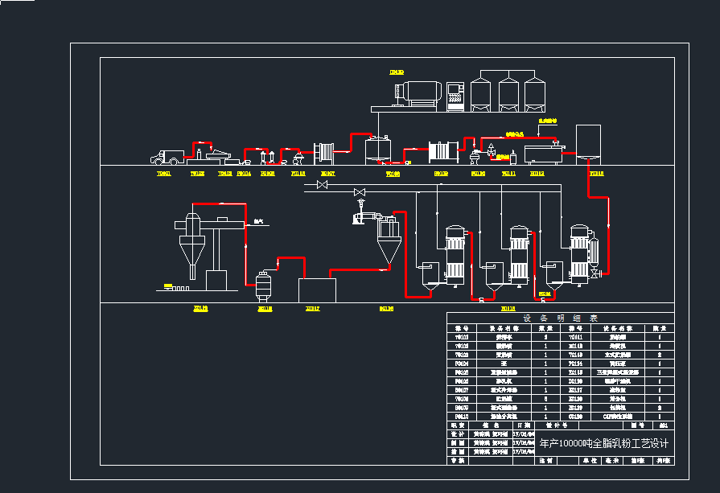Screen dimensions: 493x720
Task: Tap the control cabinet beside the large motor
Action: point(455,94)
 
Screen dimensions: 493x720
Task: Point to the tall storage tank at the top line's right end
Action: point(589,142)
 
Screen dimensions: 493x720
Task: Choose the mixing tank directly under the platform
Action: point(377,150)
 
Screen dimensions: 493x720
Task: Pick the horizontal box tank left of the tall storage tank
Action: point(544,153)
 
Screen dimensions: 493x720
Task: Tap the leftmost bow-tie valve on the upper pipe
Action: point(322,185)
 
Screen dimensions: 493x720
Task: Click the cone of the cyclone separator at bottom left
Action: point(191,253)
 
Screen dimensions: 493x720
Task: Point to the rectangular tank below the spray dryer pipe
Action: point(317,290)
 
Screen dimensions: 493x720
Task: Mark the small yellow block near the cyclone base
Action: point(167,286)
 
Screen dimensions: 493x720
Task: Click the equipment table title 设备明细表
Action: point(561,318)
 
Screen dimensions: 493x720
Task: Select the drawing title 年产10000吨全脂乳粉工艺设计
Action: point(603,443)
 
